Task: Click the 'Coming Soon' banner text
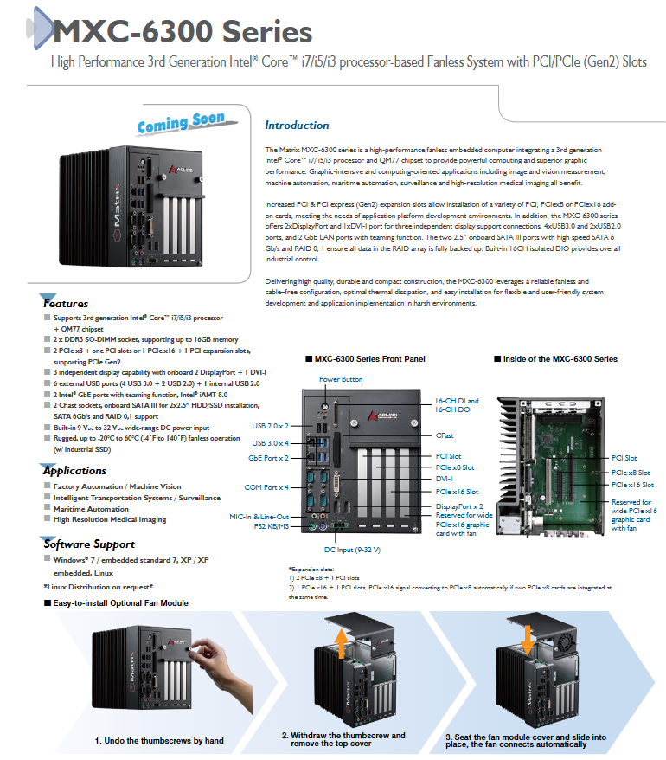click(180, 123)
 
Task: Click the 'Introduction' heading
click(297, 125)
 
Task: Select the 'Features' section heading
click(66, 304)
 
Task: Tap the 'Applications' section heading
click(74, 471)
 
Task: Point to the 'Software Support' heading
click(89, 544)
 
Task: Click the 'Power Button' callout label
click(341, 379)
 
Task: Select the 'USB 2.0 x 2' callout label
click(270, 426)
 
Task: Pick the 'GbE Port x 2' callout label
click(268, 458)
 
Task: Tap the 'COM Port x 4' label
click(266, 487)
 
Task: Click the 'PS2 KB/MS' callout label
click(272, 526)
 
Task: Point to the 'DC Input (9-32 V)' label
click(352, 550)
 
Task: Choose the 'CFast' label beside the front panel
click(445, 435)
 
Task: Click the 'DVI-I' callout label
click(445, 479)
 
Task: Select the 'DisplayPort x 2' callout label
click(459, 506)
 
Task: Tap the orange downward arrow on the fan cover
click(528, 641)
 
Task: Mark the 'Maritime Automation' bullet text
click(91, 509)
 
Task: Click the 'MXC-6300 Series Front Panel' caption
click(369, 359)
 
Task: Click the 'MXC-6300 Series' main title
click(183, 32)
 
